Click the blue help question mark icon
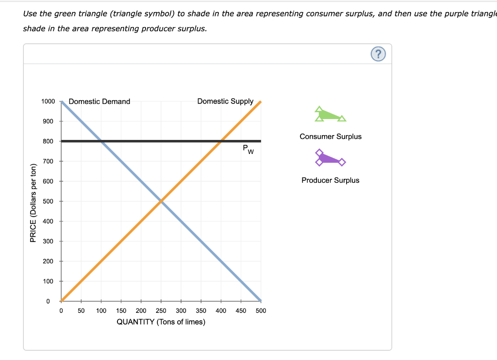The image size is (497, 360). (379, 54)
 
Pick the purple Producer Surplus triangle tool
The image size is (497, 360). (329, 158)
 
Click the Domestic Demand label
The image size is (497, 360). (99, 102)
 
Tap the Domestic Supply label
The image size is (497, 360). (225, 101)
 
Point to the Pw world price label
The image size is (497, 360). (248, 149)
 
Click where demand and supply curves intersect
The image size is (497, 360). (161, 201)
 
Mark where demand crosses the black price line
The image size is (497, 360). (101, 141)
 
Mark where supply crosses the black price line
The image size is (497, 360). (221, 141)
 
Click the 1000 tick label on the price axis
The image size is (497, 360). (48, 101)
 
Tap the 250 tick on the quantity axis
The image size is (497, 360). (161, 310)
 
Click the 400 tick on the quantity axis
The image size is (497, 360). (221, 310)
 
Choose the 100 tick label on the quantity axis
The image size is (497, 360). (101, 310)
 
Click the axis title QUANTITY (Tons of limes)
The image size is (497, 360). (161, 322)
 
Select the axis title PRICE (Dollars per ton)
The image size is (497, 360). (33, 203)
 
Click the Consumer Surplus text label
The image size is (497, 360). (331, 137)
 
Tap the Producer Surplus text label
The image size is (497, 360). (331, 180)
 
